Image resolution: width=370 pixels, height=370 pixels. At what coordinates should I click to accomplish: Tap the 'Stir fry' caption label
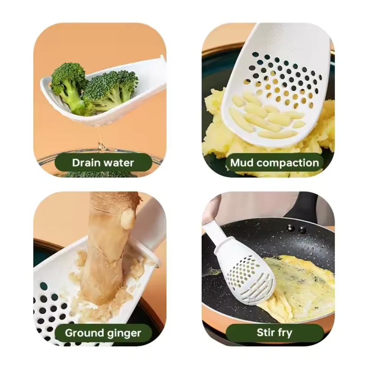coord(274,333)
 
